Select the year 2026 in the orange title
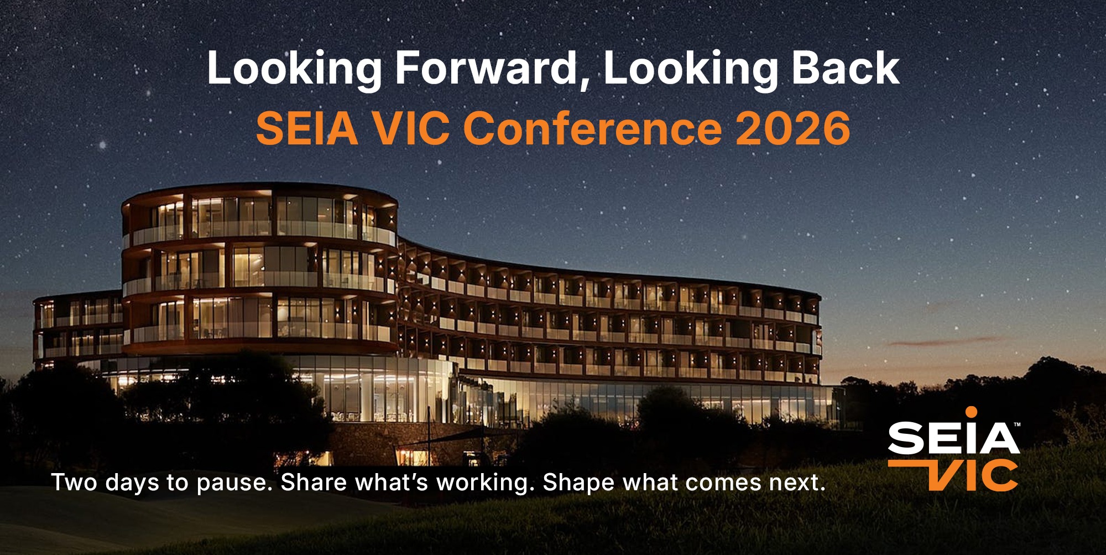click(792, 128)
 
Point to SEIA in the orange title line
click(307, 128)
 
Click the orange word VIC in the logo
click(973, 475)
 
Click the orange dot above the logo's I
click(971, 412)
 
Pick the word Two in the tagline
click(75, 482)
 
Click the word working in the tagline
click(482, 483)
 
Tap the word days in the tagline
click(136, 483)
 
